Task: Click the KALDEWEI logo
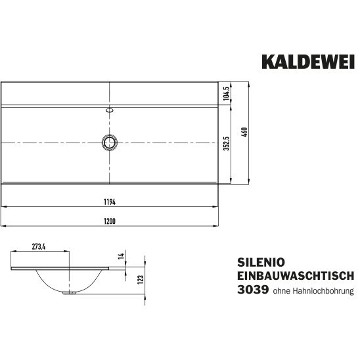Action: (x=308, y=62)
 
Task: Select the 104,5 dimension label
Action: (x=227, y=93)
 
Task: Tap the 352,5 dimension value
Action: (x=227, y=143)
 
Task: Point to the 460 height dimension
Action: (x=244, y=132)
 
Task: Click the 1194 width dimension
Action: (x=110, y=202)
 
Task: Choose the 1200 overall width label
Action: (x=110, y=221)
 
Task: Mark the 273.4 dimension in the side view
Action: (x=39, y=246)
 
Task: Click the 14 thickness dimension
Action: (x=121, y=256)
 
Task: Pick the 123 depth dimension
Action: (x=141, y=279)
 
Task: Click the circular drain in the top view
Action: (x=110, y=143)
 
